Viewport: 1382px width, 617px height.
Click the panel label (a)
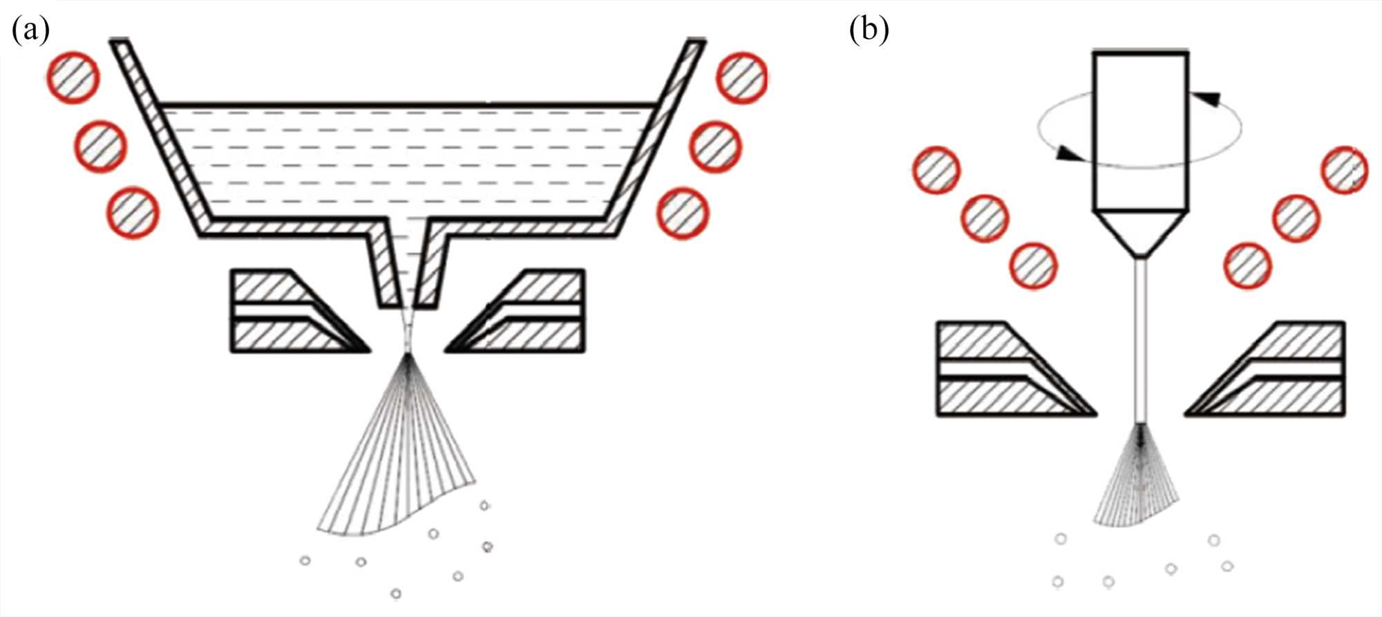(30, 31)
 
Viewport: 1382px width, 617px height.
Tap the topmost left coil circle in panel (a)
(73, 77)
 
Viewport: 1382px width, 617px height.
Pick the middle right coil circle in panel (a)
(715, 146)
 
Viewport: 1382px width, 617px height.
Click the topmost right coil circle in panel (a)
(741, 77)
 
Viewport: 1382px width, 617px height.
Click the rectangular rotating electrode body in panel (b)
(1141, 131)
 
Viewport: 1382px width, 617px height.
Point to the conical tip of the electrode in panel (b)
(1141, 233)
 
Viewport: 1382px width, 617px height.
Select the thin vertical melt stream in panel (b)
(1142, 339)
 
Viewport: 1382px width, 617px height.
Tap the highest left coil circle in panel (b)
(937, 171)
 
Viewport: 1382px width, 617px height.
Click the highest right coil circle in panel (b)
(1345, 170)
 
